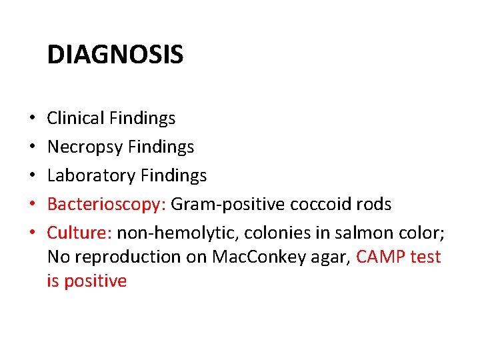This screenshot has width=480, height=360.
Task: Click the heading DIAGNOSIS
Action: coord(115,55)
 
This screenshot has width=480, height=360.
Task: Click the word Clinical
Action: coord(75,119)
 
